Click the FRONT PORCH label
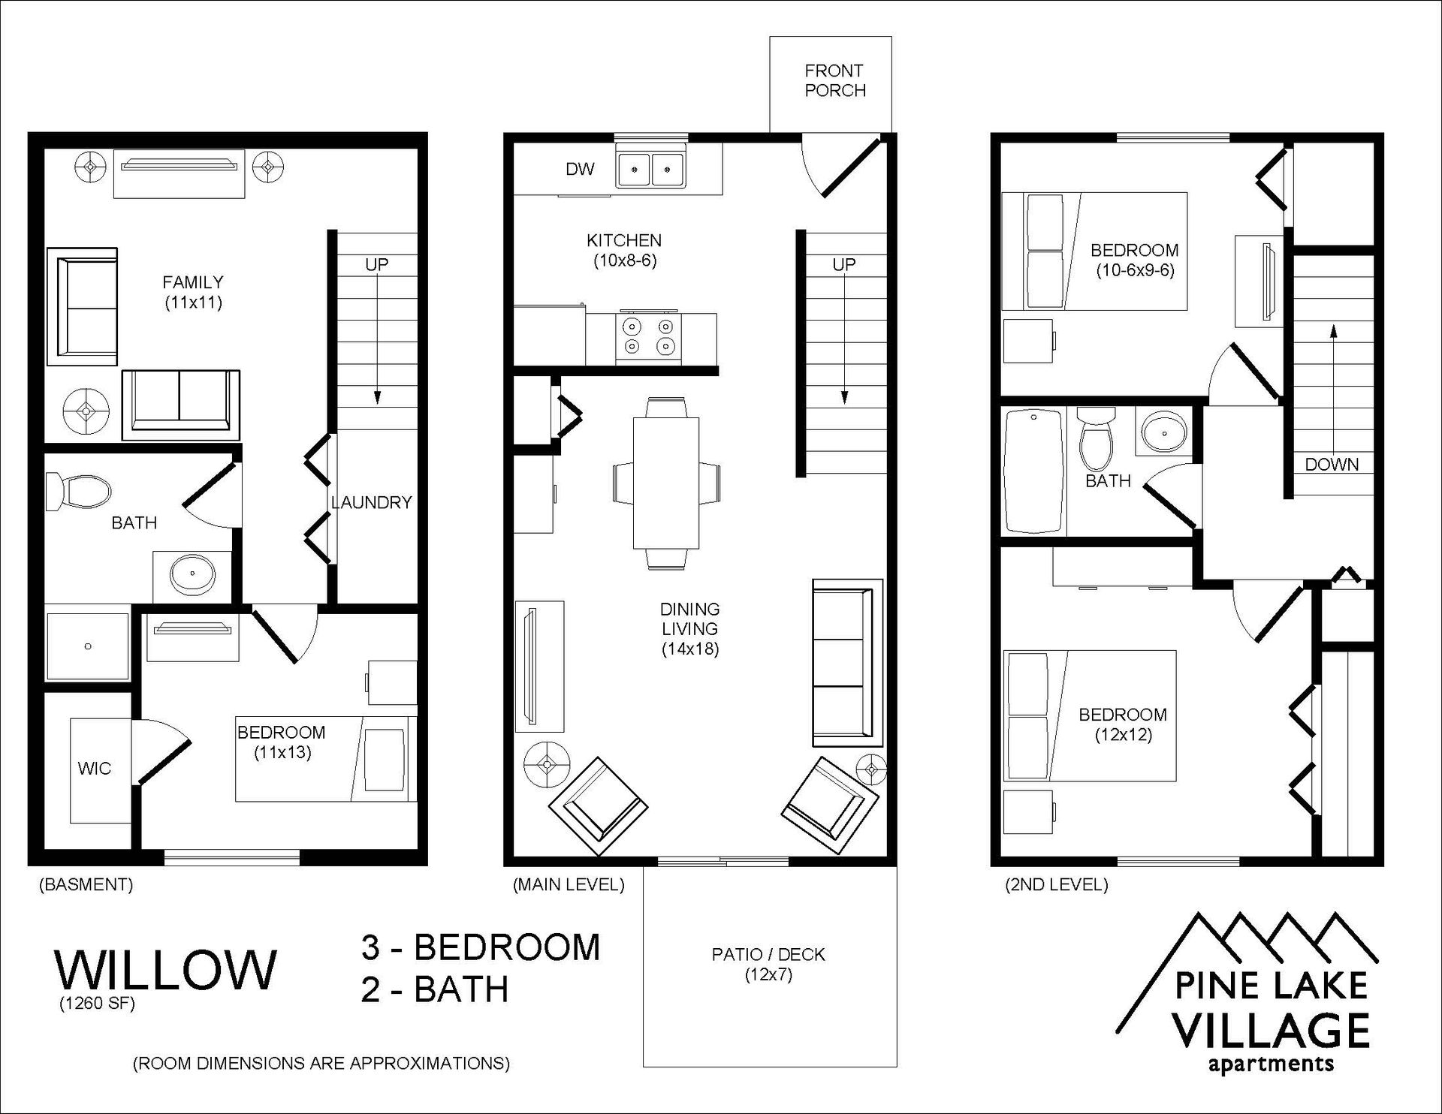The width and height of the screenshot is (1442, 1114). coord(834,80)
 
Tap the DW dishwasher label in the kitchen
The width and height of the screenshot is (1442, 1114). coord(580,169)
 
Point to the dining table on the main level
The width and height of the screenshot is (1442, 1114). coord(666,482)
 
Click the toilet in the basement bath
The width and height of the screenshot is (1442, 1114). coord(78,492)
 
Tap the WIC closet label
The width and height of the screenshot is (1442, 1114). coord(94,769)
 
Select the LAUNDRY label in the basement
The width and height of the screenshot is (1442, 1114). coord(372,502)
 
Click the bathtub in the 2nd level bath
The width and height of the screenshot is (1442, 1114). coord(1034,471)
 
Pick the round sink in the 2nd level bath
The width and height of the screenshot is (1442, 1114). coord(1163,432)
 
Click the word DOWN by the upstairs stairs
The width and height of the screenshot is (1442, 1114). coord(1332,465)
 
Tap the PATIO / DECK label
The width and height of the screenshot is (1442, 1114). coord(768,955)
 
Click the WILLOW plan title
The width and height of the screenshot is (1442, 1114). coord(166,969)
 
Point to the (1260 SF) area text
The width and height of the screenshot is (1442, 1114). coord(98,1003)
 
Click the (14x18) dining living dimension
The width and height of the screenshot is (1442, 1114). coord(690,649)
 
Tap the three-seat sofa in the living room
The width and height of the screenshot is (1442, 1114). coord(847,662)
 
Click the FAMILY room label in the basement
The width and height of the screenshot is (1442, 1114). coord(193,282)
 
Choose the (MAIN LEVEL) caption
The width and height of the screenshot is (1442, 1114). coord(569,885)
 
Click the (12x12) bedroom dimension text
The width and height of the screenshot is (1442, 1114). coord(1123,734)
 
